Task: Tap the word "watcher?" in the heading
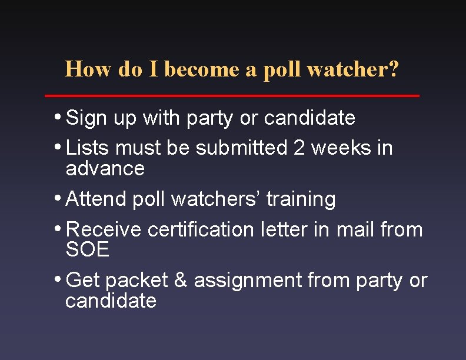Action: [353, 69]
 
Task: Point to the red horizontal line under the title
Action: [232, 95]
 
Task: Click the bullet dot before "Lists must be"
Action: [60, 146]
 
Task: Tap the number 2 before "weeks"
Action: [299, 148]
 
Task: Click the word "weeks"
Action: [342, 148]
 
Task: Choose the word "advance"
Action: [105, 169]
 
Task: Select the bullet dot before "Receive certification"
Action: [60, 228]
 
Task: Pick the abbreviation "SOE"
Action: [88, 250]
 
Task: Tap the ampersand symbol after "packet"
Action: [181, 281]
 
